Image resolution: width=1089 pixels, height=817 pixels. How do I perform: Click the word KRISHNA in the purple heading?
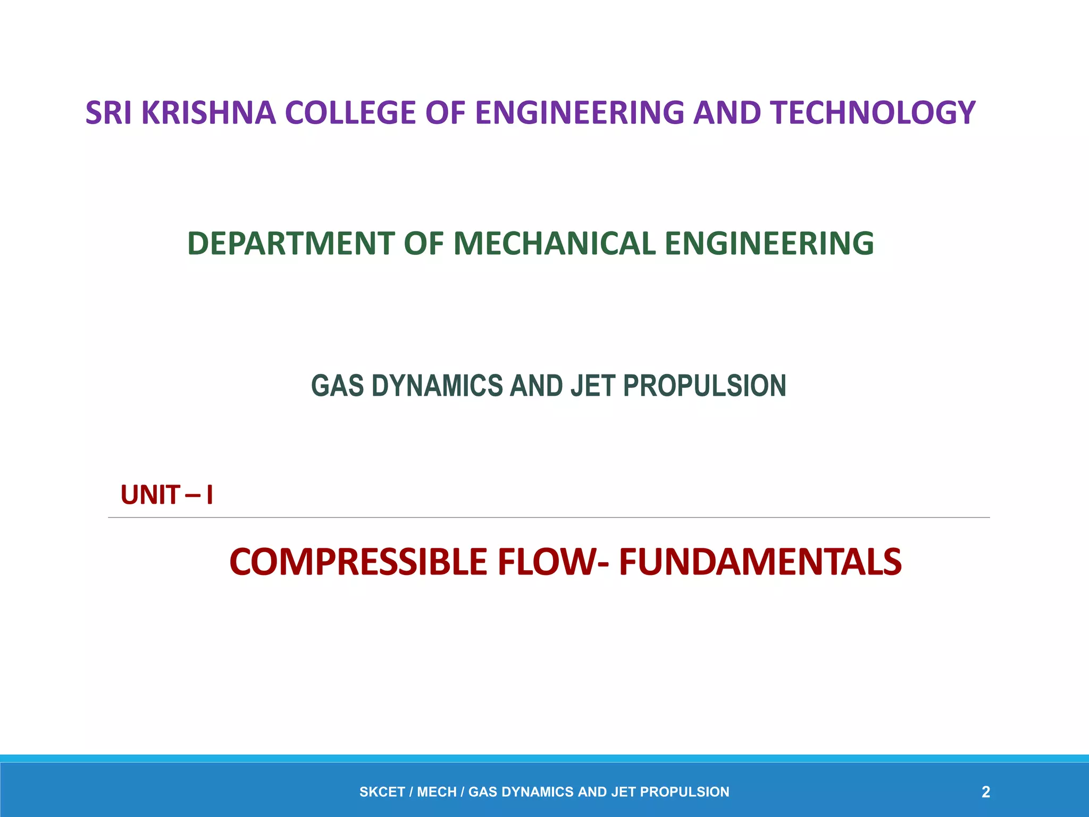pos(208,113)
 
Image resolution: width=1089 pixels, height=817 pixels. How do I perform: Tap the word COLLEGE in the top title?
pos(350,113)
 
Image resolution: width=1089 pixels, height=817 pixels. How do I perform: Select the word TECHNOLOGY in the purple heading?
pos(873,113)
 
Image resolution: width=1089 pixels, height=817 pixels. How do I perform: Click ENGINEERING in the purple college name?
pos(580,113)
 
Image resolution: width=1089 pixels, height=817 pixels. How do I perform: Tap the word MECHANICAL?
pos(555,244)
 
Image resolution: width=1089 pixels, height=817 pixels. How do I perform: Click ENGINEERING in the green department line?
pos(769,244)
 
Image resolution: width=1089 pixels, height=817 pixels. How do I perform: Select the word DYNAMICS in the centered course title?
pos(437,386)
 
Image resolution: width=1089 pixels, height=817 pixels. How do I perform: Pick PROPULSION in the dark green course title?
pos(705,386)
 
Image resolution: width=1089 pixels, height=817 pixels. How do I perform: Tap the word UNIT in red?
pos(150,495)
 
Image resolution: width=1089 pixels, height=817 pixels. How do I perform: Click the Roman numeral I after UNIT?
pos(210,495)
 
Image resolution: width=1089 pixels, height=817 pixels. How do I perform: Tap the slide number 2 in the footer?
pos(985,792)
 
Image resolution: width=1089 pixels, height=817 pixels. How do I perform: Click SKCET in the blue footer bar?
pos(382,792)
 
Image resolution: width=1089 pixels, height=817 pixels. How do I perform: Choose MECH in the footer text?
pos(437,792)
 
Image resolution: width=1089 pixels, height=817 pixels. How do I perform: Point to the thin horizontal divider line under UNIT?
pos(549,517)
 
